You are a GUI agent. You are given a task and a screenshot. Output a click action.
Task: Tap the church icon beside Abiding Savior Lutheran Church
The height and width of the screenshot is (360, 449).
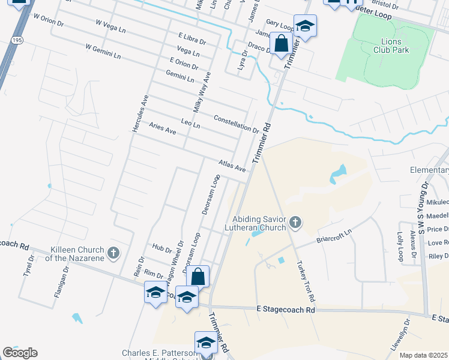coord(295,223)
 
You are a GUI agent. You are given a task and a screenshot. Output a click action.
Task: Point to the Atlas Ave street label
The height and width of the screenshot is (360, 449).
coord(232,165)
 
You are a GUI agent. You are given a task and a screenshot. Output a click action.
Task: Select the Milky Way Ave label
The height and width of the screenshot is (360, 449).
coord(202,92)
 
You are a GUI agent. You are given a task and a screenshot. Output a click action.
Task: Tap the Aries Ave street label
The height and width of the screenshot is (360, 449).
coord(162,128)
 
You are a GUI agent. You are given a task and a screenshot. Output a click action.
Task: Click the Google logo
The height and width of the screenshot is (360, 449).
coord(20,353)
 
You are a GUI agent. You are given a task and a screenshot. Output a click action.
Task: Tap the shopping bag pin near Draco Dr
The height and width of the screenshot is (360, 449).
coord(281,43)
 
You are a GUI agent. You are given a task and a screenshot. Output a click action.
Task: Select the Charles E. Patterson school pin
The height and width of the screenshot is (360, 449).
coord(206,343)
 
